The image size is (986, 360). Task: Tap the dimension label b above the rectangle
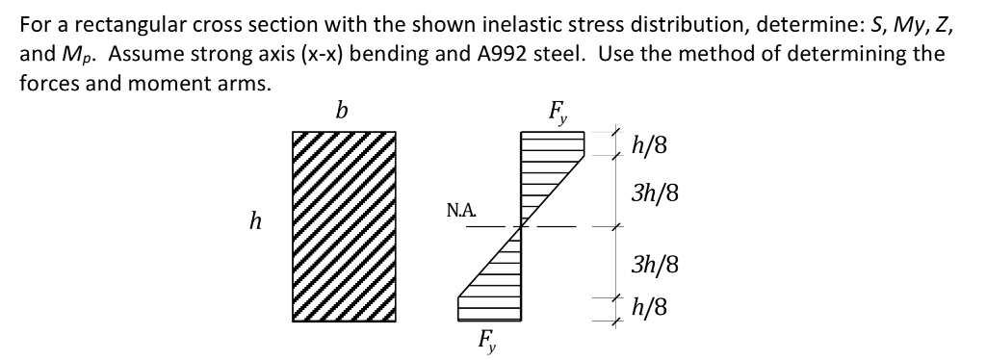pyautogui.click(x=342, y=111)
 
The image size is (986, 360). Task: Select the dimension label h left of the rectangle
pyautogui.click(x=255, y=222)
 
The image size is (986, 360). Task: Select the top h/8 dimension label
pyautogui.click(x=649, y=146)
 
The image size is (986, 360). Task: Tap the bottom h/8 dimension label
pyautogui.click(x=649, y=309)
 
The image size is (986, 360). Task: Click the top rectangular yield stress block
pyautogui.click(x=553, y=144)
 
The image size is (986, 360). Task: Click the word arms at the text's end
pyautogui.click(x=241, y=82)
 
